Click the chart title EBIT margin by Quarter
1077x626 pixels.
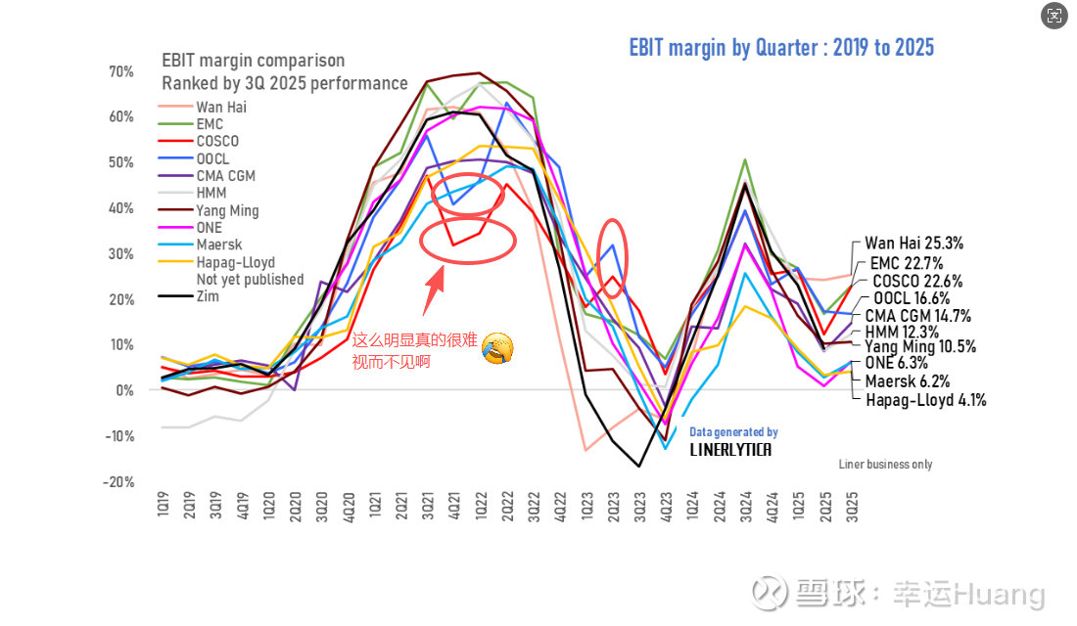(x=781, y=47)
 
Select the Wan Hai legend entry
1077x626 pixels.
(x=221, y=107)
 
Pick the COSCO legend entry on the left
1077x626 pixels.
(x=217, y=141)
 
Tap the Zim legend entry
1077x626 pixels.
(x=208, y=296)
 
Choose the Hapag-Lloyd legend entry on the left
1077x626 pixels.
(x=235, y=262)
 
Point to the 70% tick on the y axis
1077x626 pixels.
(x=121, y=71)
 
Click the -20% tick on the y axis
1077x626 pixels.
(x=119, y=481)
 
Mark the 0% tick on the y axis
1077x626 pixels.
(x=124, y=390)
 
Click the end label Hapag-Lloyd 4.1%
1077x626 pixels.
(x=926, y=399)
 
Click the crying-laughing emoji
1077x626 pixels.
(x=498, y=347)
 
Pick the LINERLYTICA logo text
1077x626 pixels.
(x=730, y=450)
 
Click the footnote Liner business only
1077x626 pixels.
(x=885, y=465)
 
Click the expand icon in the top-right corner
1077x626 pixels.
(x=1054, y=15)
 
